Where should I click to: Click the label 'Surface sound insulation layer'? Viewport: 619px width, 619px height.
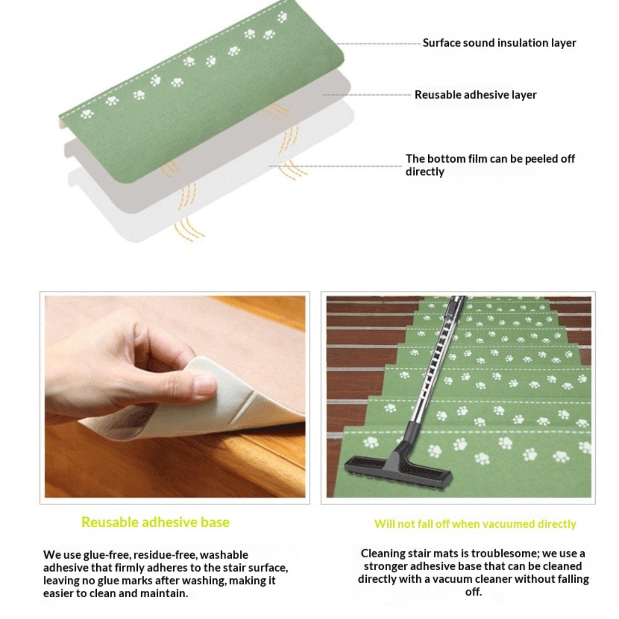point(499,43)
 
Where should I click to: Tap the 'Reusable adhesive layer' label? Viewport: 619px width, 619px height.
point(475,95)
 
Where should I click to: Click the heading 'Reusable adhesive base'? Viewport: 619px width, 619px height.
point(155,522)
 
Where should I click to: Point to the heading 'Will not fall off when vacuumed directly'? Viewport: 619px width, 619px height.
point(475,524)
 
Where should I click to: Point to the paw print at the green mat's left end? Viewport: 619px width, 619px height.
point(87,114)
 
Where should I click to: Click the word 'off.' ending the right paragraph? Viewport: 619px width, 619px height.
point(473,592)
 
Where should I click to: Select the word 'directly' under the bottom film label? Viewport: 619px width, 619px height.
point(425,171)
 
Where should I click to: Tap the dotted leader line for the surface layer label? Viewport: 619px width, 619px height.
point(378,44)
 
